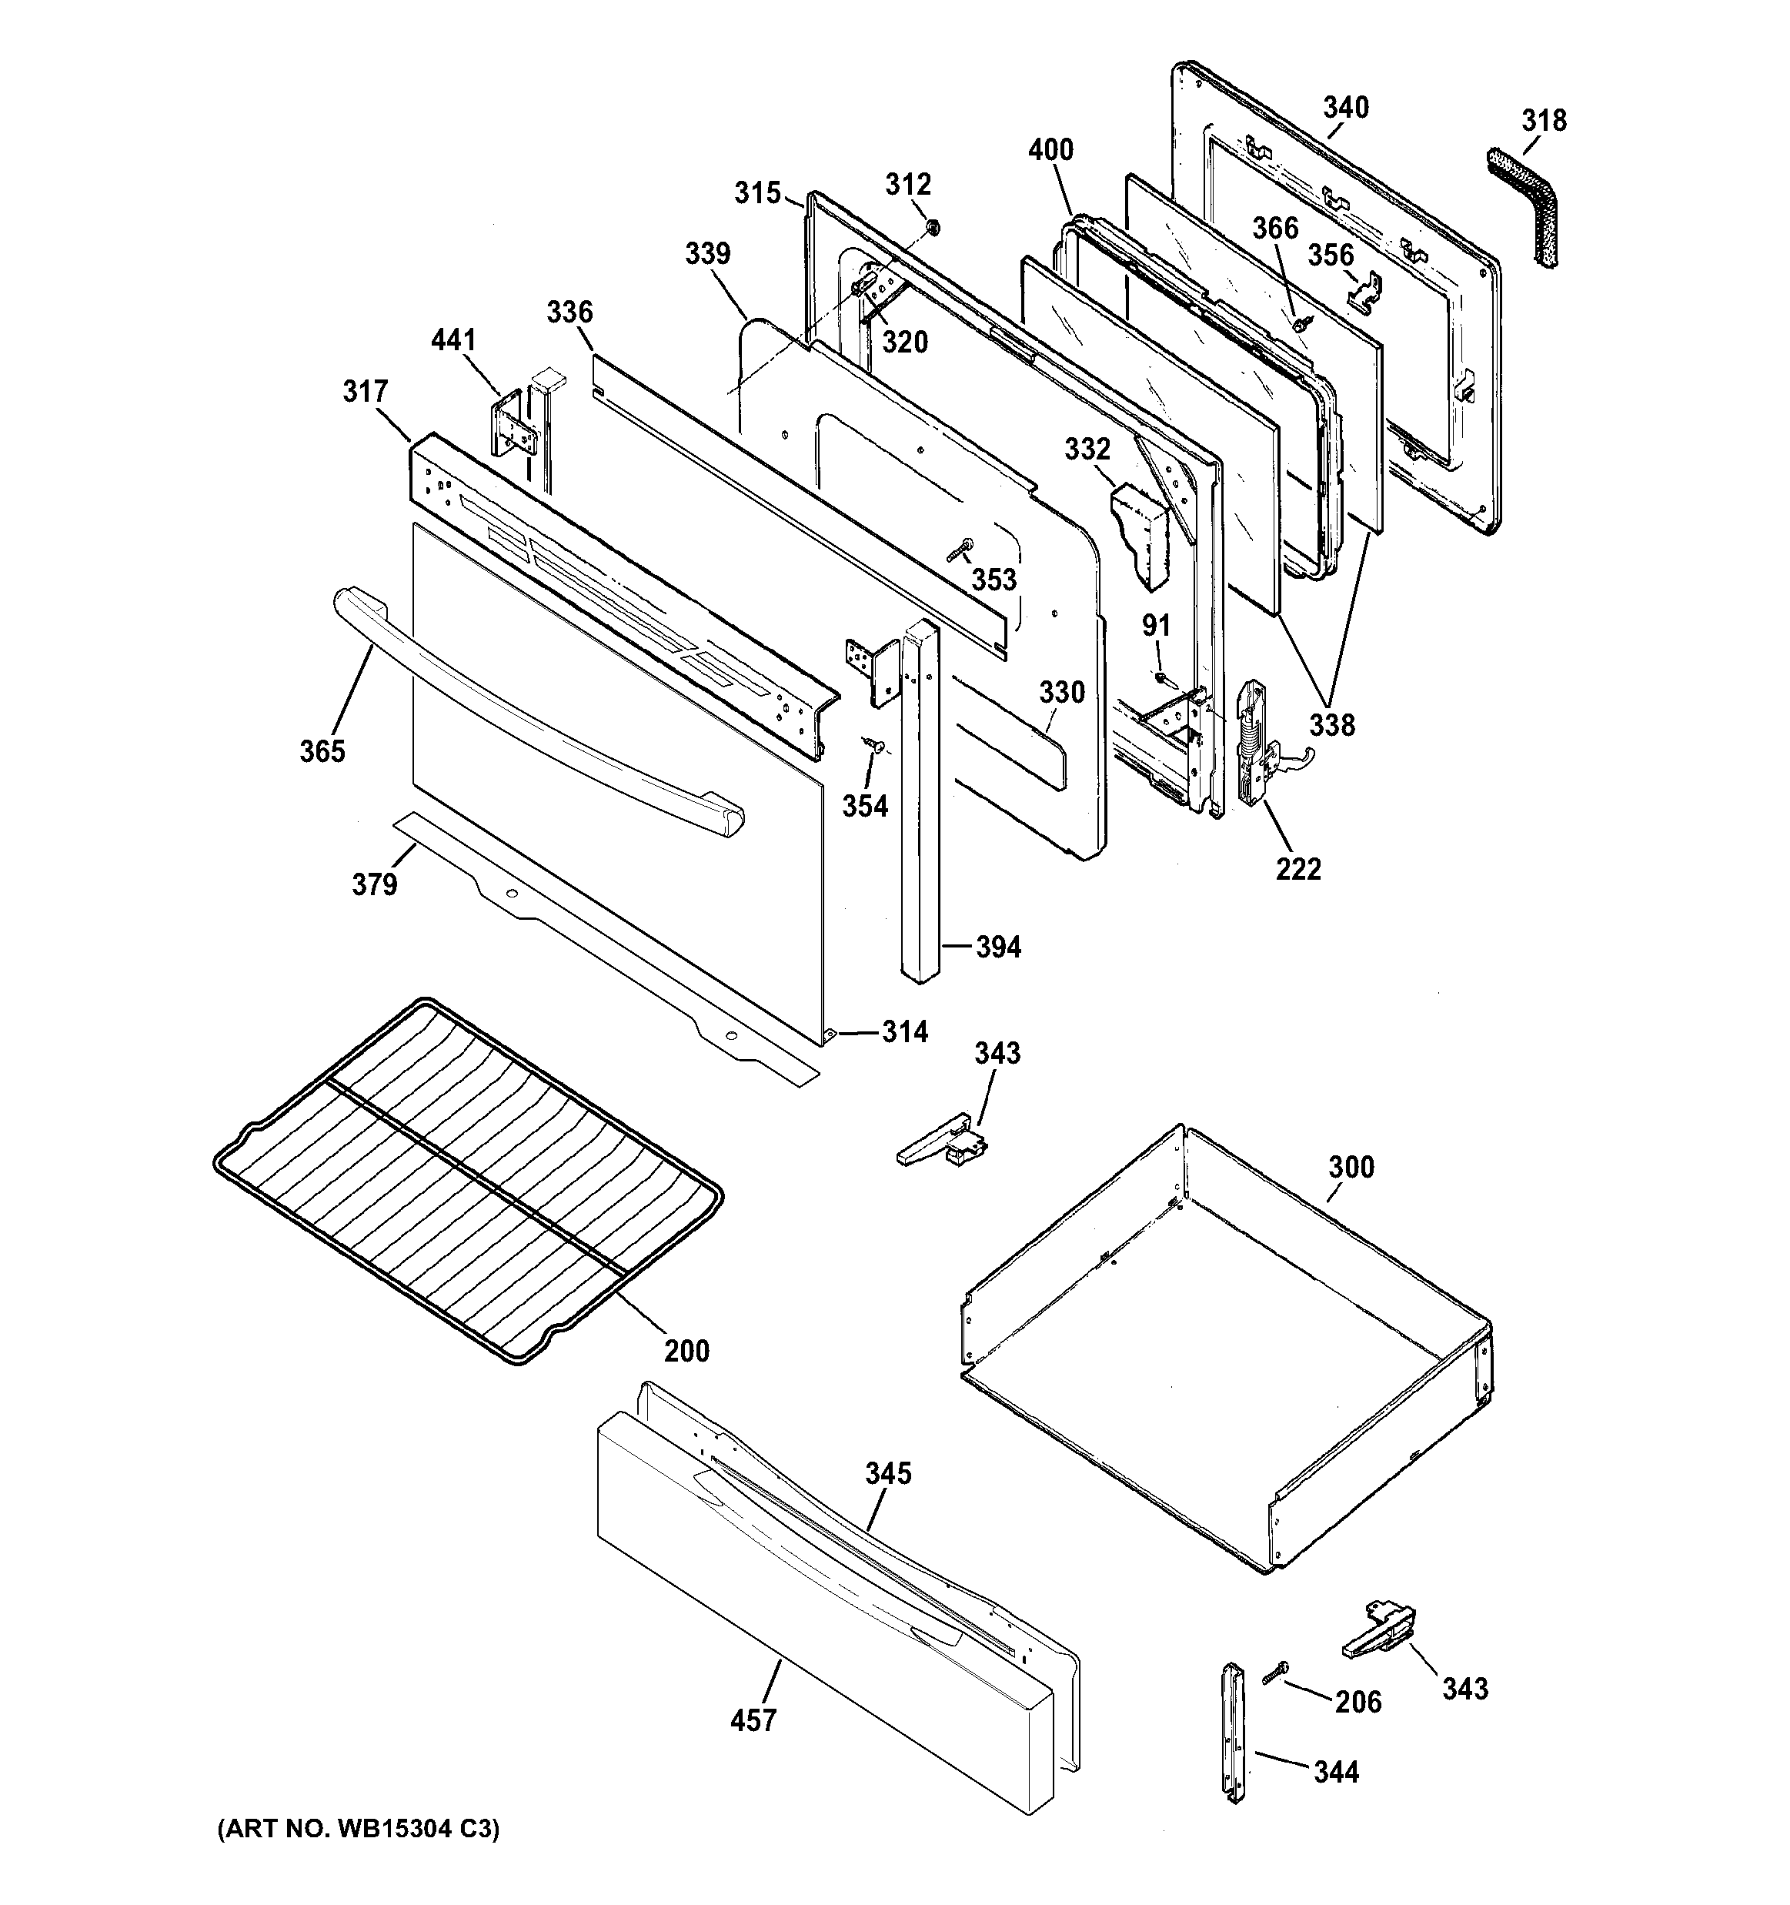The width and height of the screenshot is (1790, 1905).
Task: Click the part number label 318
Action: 1544,121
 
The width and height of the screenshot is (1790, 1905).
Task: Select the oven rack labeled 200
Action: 468,1178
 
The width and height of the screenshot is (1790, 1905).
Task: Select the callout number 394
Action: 997,947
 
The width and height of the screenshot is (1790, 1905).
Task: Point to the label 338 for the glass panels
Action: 1332,724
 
